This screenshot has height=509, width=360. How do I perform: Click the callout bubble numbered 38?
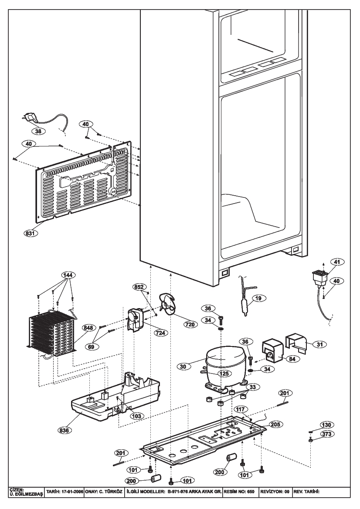(x=39, y=131)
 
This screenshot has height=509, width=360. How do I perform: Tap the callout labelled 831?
(x=30, y=233)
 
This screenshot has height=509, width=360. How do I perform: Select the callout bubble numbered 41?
(x=337, y=261)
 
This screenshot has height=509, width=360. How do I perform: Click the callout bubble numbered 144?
(x=68, y=275)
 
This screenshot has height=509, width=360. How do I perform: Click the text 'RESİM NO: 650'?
(x=239, y=492)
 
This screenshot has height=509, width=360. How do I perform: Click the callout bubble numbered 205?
(x=275, y=424)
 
